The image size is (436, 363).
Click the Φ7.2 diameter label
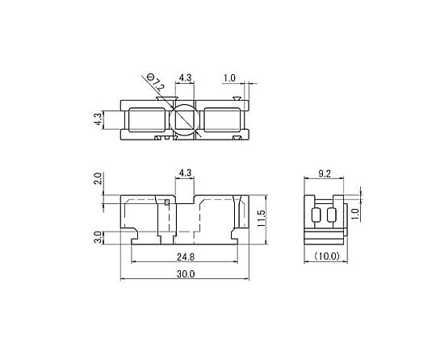[155, 83]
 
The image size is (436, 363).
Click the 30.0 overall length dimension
[186, 274]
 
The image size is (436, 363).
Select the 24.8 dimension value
[186, 257]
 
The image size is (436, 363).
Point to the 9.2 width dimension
[325, 174]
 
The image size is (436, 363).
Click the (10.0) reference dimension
[327, 256]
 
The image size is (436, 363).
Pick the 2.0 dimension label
[98, 179]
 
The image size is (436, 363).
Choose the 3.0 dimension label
[98, 237]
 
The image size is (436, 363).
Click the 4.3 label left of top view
[98, 119]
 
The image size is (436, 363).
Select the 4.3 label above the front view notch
[185, 173]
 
